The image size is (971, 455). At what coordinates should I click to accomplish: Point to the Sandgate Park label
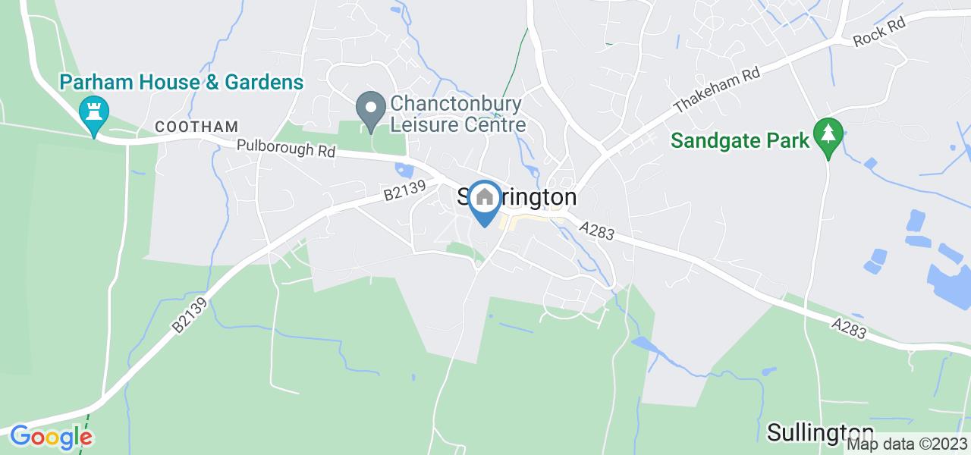coord(740,140)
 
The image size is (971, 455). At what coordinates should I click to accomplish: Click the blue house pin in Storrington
coord(484,202)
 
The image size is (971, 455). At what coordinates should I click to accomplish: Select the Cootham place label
coord(197,127)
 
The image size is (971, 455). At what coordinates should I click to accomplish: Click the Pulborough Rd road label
coord(285,149)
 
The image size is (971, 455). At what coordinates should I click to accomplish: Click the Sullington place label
coord(820,432)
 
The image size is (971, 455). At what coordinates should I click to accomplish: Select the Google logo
coord(51,438)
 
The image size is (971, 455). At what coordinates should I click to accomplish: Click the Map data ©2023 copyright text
coord(907,444)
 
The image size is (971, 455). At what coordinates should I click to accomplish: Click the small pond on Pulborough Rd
coord(403,171)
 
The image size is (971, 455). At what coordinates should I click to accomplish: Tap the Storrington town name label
coord(517,197)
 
